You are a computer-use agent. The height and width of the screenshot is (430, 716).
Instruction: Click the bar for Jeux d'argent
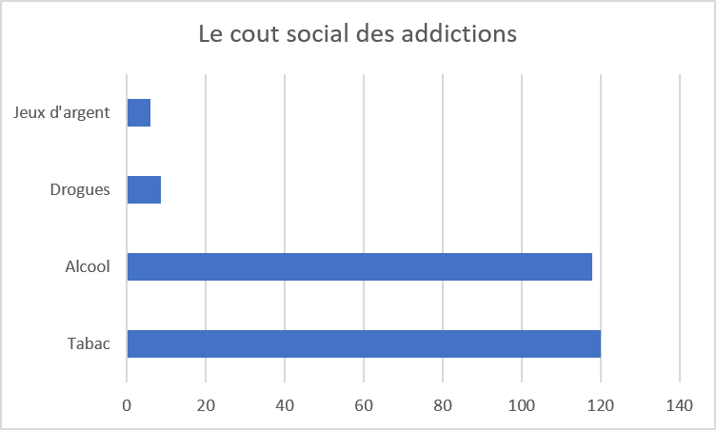pos(139,113)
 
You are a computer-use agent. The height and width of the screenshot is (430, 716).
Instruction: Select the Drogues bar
pos(144,189)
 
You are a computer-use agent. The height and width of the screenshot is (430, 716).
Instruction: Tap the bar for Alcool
pos(360,266)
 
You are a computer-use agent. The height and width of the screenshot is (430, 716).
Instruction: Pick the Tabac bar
pos(364,343)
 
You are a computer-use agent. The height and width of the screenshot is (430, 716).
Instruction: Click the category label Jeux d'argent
pos(62,113)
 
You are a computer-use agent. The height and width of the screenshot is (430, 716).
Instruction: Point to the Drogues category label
pos(80,189)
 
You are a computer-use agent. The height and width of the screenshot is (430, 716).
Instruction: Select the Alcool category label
pos(88,266)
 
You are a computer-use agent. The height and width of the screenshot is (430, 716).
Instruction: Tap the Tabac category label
pos(89,343)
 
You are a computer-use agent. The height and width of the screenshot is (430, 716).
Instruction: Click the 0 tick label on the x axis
pos(127,405)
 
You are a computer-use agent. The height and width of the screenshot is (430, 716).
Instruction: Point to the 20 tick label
pos(206,405)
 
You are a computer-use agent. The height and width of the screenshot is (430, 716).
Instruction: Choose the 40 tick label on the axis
pos(285,405)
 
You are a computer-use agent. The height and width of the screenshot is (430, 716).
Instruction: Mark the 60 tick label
pos(364,405)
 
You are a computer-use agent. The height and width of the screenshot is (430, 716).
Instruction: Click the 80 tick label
pos(443,405)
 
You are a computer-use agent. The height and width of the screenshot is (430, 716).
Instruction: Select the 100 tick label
pos(522,405)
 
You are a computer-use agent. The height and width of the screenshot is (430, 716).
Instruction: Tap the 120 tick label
pos(601,405)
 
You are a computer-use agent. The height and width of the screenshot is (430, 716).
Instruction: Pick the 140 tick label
pos(680,405)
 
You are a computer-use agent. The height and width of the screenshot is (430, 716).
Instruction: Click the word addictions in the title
pos(459,33)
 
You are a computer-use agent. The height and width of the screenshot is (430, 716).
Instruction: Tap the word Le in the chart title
pos(210,34)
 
